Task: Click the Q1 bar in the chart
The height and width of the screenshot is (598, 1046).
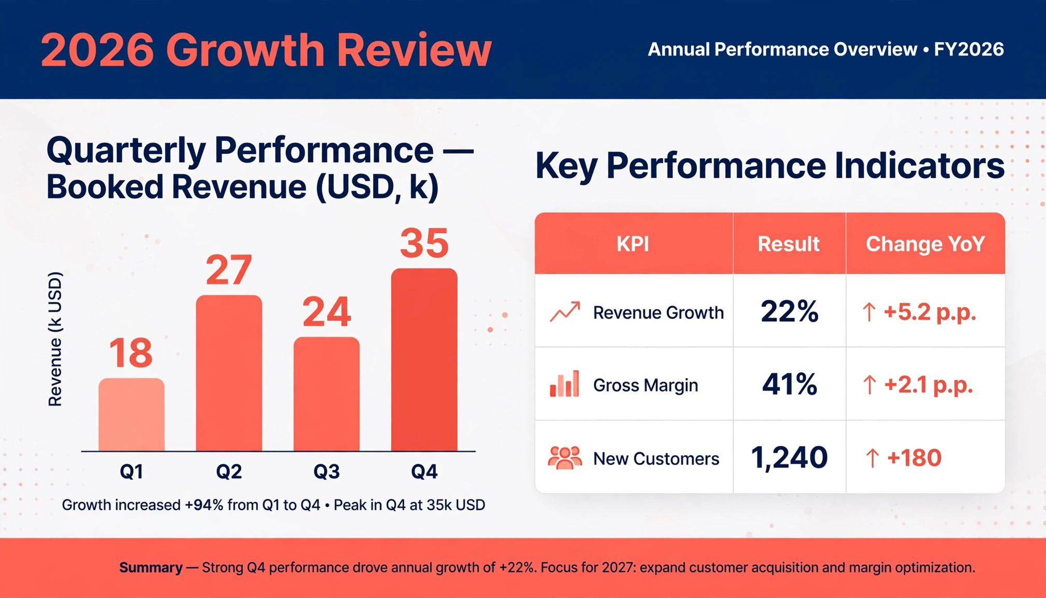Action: [132, 415]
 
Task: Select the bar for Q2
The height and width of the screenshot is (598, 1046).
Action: [229, 373]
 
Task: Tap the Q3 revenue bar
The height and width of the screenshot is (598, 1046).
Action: [326, 394]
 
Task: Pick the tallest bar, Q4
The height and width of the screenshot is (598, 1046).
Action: [424, 360]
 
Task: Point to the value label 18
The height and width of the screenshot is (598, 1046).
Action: [131, 353]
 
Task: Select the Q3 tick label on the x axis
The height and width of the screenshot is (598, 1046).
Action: [326, 471]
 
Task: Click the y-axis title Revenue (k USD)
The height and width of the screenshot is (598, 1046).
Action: [55, 338]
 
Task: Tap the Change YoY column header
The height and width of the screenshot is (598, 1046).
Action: [925, 244]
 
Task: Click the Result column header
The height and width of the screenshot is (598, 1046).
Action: [789, 244]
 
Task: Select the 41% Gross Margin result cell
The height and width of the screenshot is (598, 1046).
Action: [790, 385]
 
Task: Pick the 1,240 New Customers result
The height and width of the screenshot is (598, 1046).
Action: [789, 458]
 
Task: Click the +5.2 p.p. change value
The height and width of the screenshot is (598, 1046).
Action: [930, 312]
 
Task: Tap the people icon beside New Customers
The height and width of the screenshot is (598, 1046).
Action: [565, 458]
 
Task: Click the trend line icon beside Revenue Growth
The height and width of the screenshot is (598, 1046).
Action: [565, 312]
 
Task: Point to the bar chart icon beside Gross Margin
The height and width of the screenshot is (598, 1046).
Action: [565, 384]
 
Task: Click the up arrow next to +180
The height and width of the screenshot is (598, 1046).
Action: [872, 458]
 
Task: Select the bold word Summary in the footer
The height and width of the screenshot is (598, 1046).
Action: [151, 567]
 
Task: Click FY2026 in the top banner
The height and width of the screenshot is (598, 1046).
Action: [969, 49]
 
